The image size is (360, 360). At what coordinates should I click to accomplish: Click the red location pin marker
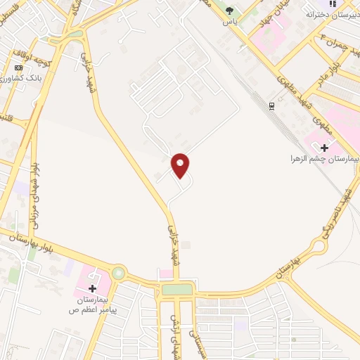pos(181,166)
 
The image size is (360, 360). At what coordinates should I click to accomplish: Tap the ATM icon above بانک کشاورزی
pos(18,67)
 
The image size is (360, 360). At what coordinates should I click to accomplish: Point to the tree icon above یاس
pos(229,10)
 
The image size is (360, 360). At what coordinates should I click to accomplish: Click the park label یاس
pos(229,20)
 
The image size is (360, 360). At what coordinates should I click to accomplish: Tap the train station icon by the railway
pos(271,105)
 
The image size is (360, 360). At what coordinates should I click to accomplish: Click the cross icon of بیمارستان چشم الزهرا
pos(325,148)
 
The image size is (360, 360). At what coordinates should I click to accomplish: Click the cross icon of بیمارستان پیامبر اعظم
pos(93,288)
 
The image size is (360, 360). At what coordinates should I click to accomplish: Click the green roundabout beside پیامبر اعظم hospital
pos(118,272)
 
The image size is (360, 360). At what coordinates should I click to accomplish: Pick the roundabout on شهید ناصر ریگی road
pos(317,247)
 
